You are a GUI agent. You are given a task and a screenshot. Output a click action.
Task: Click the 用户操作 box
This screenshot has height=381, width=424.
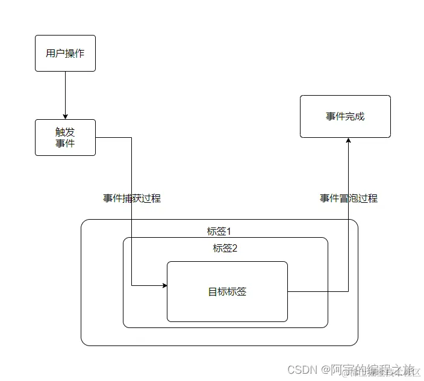coord(65,53)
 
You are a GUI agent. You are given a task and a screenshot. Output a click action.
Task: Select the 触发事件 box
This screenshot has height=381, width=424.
coord(65,137)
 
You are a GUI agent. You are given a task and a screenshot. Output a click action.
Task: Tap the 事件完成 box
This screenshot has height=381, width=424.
coord(345,116)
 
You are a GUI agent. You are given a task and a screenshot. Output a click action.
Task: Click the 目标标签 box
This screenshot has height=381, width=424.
coord(227,291)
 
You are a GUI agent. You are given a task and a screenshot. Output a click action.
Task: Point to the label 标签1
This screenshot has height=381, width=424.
coord(219,231)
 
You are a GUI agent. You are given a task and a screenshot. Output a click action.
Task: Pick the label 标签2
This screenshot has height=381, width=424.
coord(225,249)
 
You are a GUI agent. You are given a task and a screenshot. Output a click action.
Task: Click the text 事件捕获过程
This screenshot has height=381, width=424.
coord(132,198)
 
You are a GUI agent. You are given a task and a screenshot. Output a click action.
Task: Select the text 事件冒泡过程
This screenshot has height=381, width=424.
coord(349,198)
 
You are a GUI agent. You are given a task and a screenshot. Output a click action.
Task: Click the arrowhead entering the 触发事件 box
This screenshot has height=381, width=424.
coord(65,116)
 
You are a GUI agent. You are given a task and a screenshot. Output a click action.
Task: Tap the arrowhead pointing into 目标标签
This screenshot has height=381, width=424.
coord(164,285)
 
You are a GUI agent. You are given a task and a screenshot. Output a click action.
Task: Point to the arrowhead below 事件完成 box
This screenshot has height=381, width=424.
coord(348,140)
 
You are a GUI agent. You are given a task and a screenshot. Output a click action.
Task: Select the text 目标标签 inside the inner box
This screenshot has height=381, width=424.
coord(227,292)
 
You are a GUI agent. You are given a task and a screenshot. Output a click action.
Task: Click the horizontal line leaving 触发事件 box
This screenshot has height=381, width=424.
coord(113,137)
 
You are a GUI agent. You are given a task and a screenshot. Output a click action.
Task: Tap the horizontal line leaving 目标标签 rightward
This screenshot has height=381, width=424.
coord(317,291)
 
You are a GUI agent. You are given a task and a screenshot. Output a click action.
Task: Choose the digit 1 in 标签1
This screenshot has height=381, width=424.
coord(229,231)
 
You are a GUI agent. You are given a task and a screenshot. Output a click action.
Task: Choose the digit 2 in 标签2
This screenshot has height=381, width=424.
coord(235,249)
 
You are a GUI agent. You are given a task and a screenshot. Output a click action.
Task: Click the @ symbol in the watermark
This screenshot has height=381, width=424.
coord(326,368)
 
